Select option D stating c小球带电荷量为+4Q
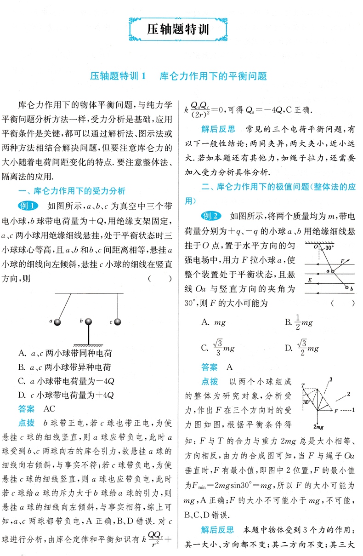65,395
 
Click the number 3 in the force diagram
330,379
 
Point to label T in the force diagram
303,385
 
